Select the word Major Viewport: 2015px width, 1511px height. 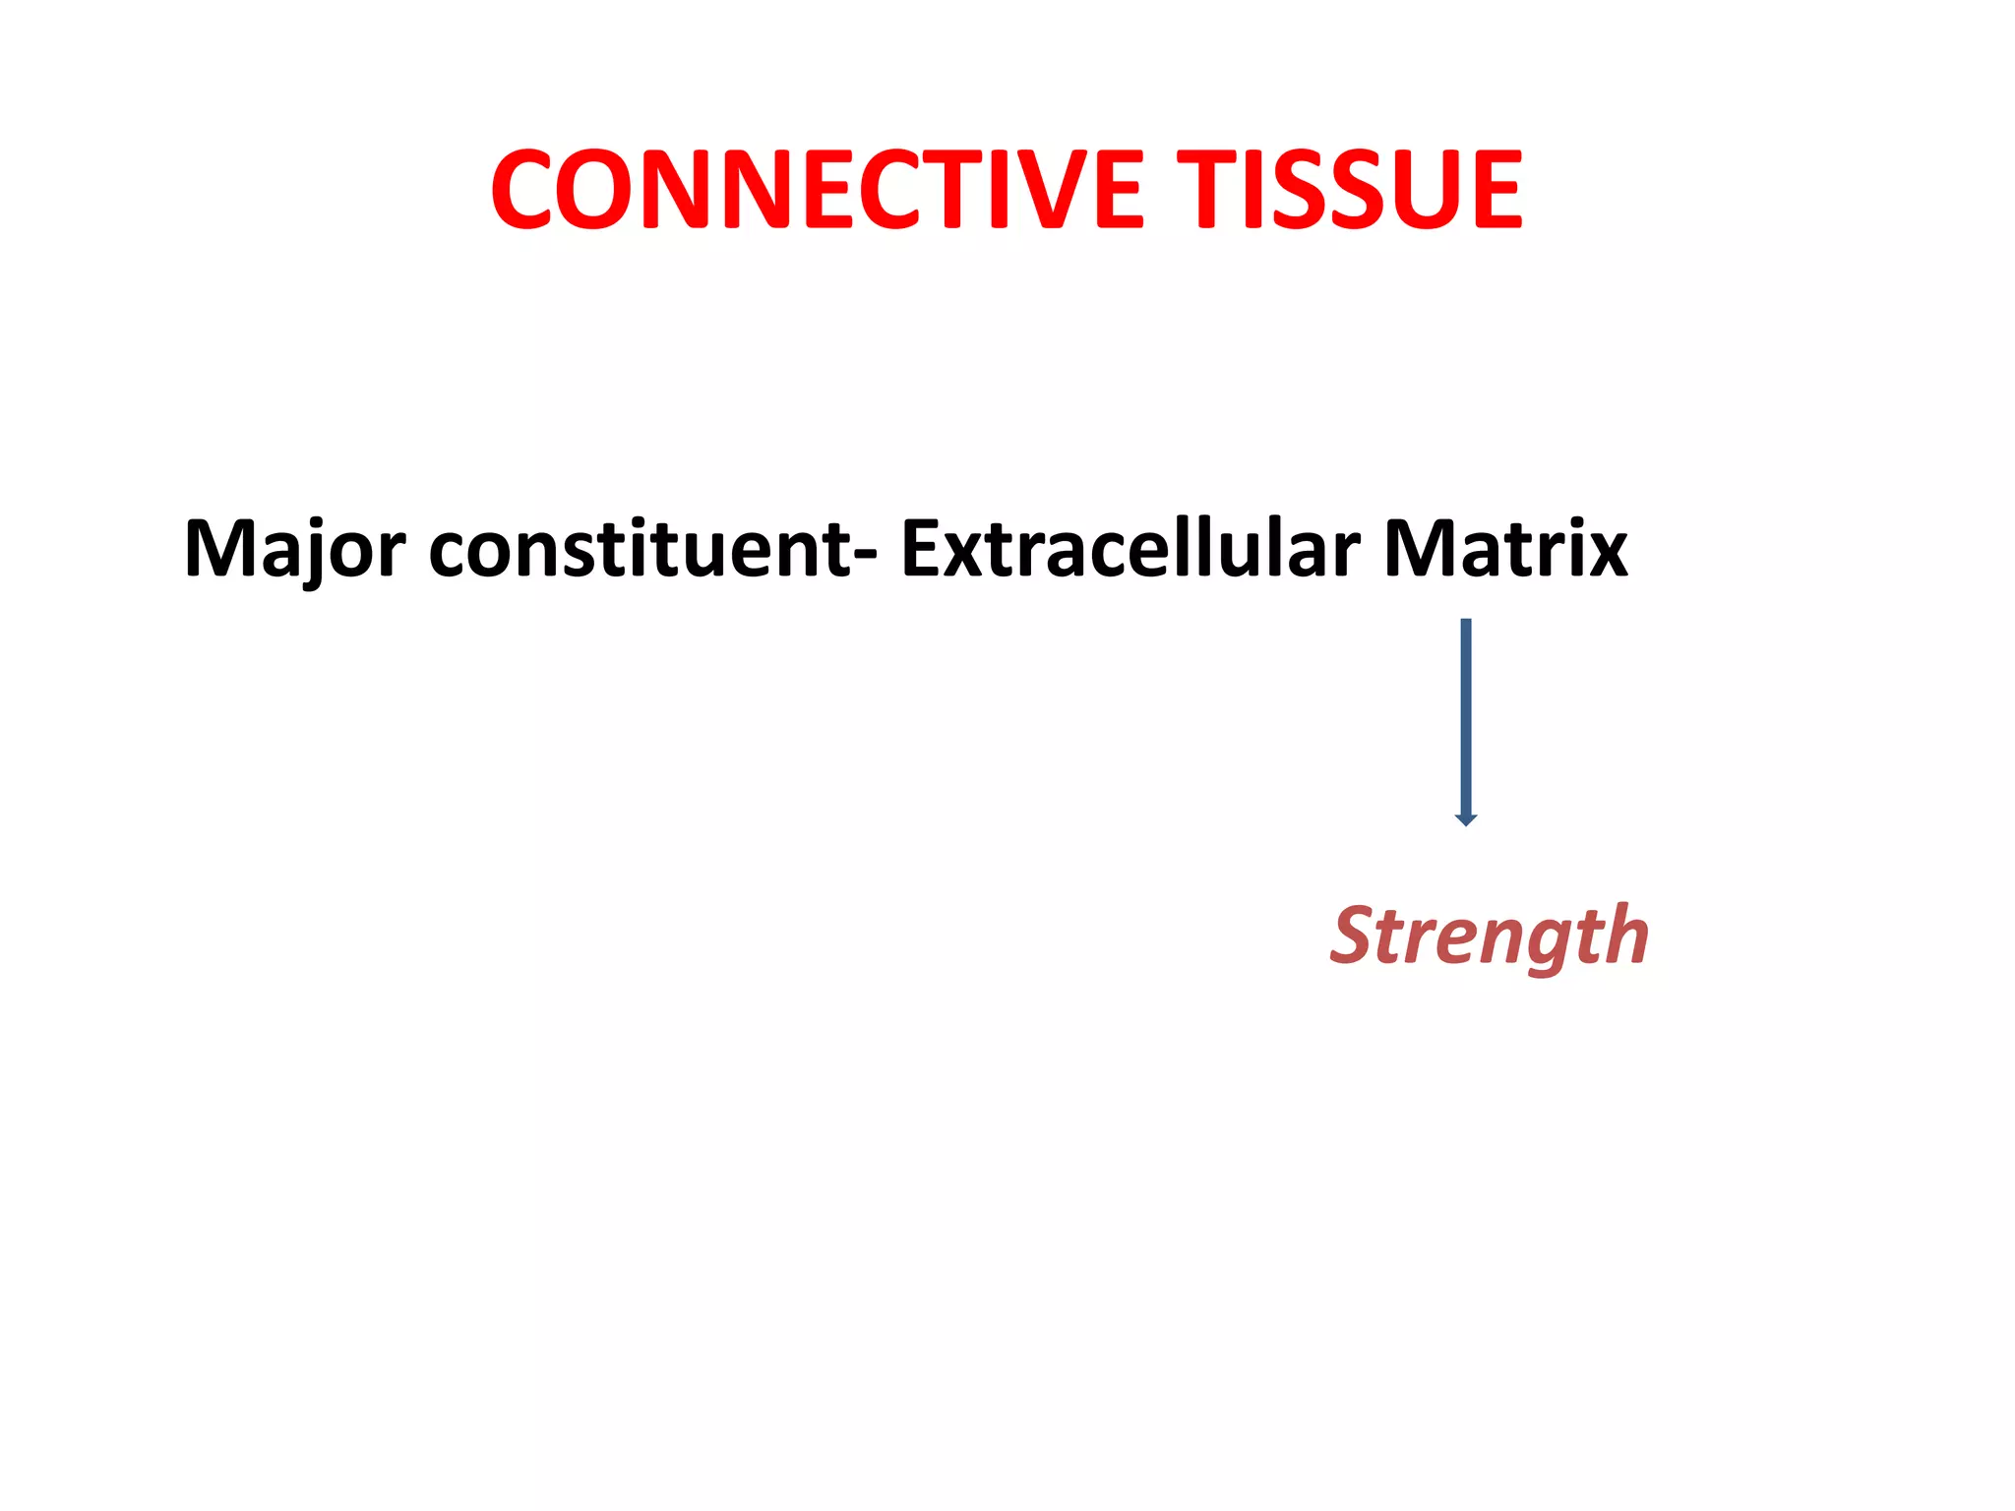[294, 549]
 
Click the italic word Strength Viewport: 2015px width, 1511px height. [1489, 936]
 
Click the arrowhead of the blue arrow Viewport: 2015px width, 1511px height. [1466, 819]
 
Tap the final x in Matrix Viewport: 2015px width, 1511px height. [1605, 555]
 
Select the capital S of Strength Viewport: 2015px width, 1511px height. [1359, 934]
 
